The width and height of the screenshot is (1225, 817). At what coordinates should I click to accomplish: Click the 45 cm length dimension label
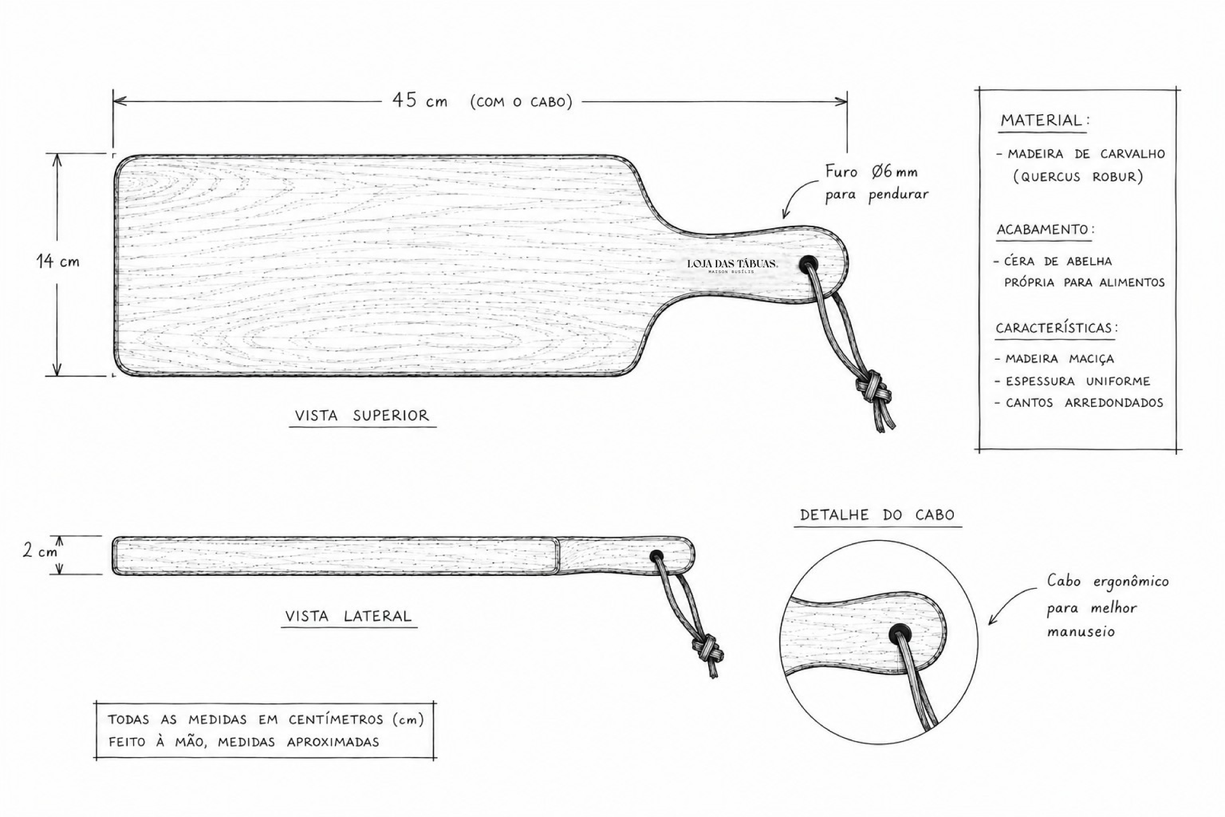(x=420, y=101)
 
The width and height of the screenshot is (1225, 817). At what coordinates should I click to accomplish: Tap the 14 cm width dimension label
(x=58, y=261)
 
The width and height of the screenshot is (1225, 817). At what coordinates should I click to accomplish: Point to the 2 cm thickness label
(x=40, y=550)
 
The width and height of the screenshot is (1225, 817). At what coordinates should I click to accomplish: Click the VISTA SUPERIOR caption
(x=362, y=416)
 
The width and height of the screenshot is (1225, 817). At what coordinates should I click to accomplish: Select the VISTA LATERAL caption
(x=348, y=616)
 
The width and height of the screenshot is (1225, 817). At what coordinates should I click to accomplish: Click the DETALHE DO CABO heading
(x=877, y=515)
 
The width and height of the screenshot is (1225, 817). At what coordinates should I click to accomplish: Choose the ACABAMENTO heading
(x=1043, y=230)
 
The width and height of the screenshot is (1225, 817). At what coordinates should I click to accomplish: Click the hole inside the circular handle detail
(x=900, y=634)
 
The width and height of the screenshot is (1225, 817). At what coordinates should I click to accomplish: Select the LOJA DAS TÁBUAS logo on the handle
(x=732, y=265)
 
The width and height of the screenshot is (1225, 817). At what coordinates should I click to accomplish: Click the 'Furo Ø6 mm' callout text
(x=871, y=172)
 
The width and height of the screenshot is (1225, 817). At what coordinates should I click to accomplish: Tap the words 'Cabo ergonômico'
(x=1108, y=582)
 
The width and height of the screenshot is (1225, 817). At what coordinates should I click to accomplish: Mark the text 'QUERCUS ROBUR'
(x=1078, y=177)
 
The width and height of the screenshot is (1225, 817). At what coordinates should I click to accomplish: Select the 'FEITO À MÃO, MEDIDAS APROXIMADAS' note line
(x=243, y=742)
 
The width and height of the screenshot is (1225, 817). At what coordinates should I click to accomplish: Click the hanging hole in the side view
(x=656, y=557)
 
